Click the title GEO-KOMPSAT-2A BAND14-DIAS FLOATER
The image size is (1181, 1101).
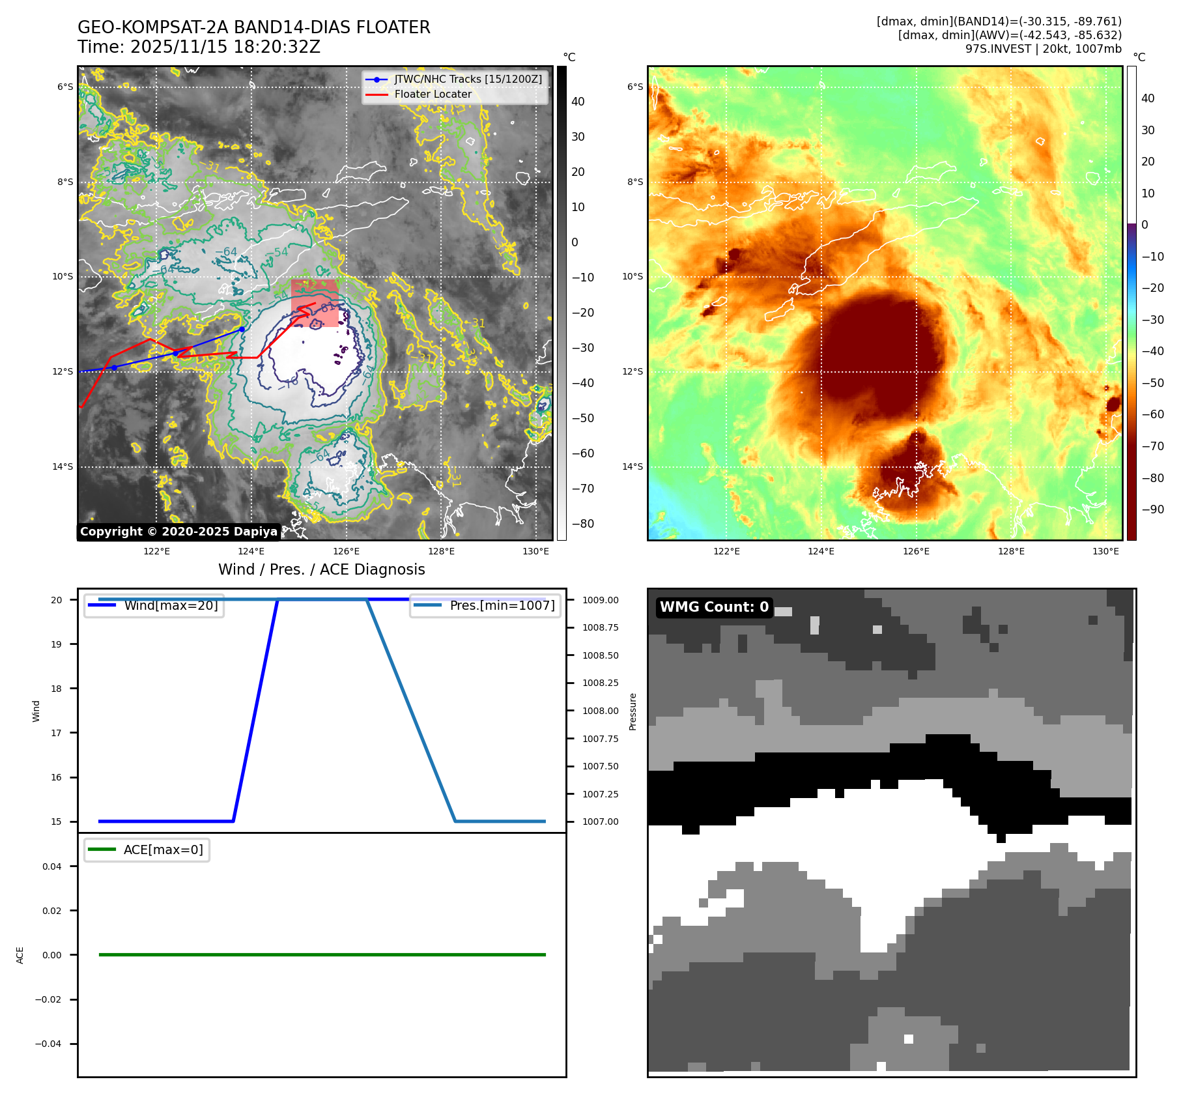click(x=253, y=27)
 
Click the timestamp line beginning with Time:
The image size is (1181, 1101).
click(x=199, y=47)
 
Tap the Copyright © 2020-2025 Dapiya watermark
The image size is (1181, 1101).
click(x=178, y=532)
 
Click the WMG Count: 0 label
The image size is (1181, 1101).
click(x=714, y=607)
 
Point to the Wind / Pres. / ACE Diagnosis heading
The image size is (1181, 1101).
click(x=321, y=569)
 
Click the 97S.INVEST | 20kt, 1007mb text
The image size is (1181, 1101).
click(x=1043, y=49)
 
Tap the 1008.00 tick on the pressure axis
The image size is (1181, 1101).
click(x=600, y=711)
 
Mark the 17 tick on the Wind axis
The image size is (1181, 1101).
click(x=57, y=733)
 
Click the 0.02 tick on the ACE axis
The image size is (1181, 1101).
click(x=52, y=911)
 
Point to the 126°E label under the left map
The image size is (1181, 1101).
click(x=346, y=551)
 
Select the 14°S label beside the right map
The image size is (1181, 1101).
click(x=632, y=466)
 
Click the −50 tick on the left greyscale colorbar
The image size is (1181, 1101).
click(x=582, y=418)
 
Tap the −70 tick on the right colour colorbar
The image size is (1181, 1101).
click(x=1152, y=446)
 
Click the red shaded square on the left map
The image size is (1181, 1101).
click(x=315, y=303)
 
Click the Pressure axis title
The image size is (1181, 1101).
click(x=633, y=711)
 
